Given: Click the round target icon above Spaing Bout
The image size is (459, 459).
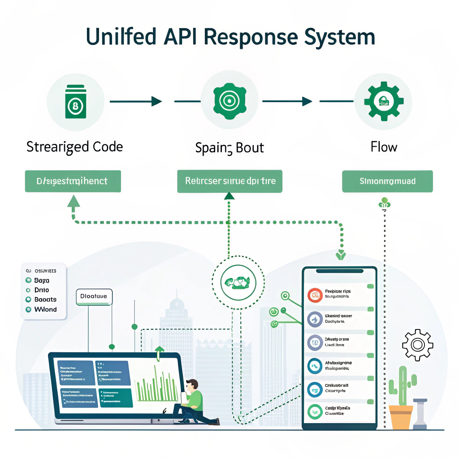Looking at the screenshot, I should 229,101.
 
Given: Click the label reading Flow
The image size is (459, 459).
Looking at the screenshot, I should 384,147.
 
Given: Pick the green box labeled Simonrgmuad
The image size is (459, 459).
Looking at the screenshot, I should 387,182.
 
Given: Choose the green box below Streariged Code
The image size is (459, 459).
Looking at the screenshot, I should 73,182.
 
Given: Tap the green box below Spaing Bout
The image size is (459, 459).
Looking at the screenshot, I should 229,182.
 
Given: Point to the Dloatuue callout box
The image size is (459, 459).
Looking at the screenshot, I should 94,296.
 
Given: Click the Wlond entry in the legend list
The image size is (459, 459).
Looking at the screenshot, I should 45,309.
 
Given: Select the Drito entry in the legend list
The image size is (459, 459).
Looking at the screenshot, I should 41,290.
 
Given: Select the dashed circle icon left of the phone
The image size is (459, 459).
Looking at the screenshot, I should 234,282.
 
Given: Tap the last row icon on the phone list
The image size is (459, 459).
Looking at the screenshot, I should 315,411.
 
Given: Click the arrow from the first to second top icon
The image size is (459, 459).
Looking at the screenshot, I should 135,102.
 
